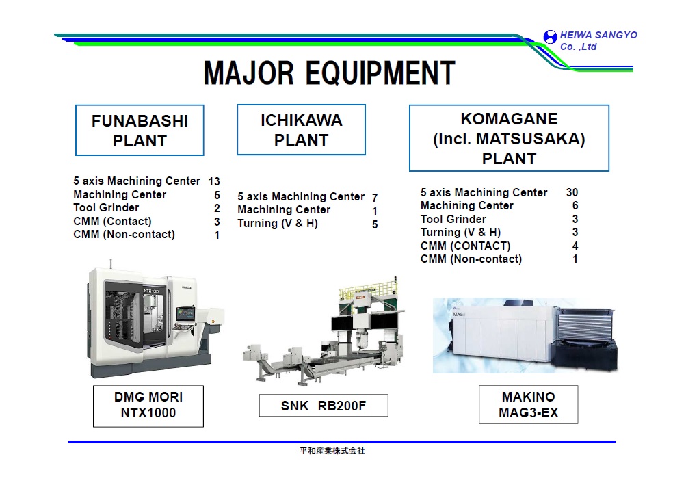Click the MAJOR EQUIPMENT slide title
(329, 73)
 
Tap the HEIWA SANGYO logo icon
(550, 38)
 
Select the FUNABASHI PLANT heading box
(140, 131)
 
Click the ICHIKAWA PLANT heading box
(301, 130)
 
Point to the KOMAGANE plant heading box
(509, 139)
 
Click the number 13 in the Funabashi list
(214, 182)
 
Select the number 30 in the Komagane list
(572, 193)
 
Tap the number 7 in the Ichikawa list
(375, 198)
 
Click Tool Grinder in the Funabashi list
(106, 208)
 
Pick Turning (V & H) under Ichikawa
(278, 224)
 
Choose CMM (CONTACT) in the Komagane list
(465, 246)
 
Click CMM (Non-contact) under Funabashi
(124, 235)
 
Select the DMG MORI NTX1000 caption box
(148, 405)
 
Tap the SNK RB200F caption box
(324, 406)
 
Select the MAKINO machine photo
(525, 335)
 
